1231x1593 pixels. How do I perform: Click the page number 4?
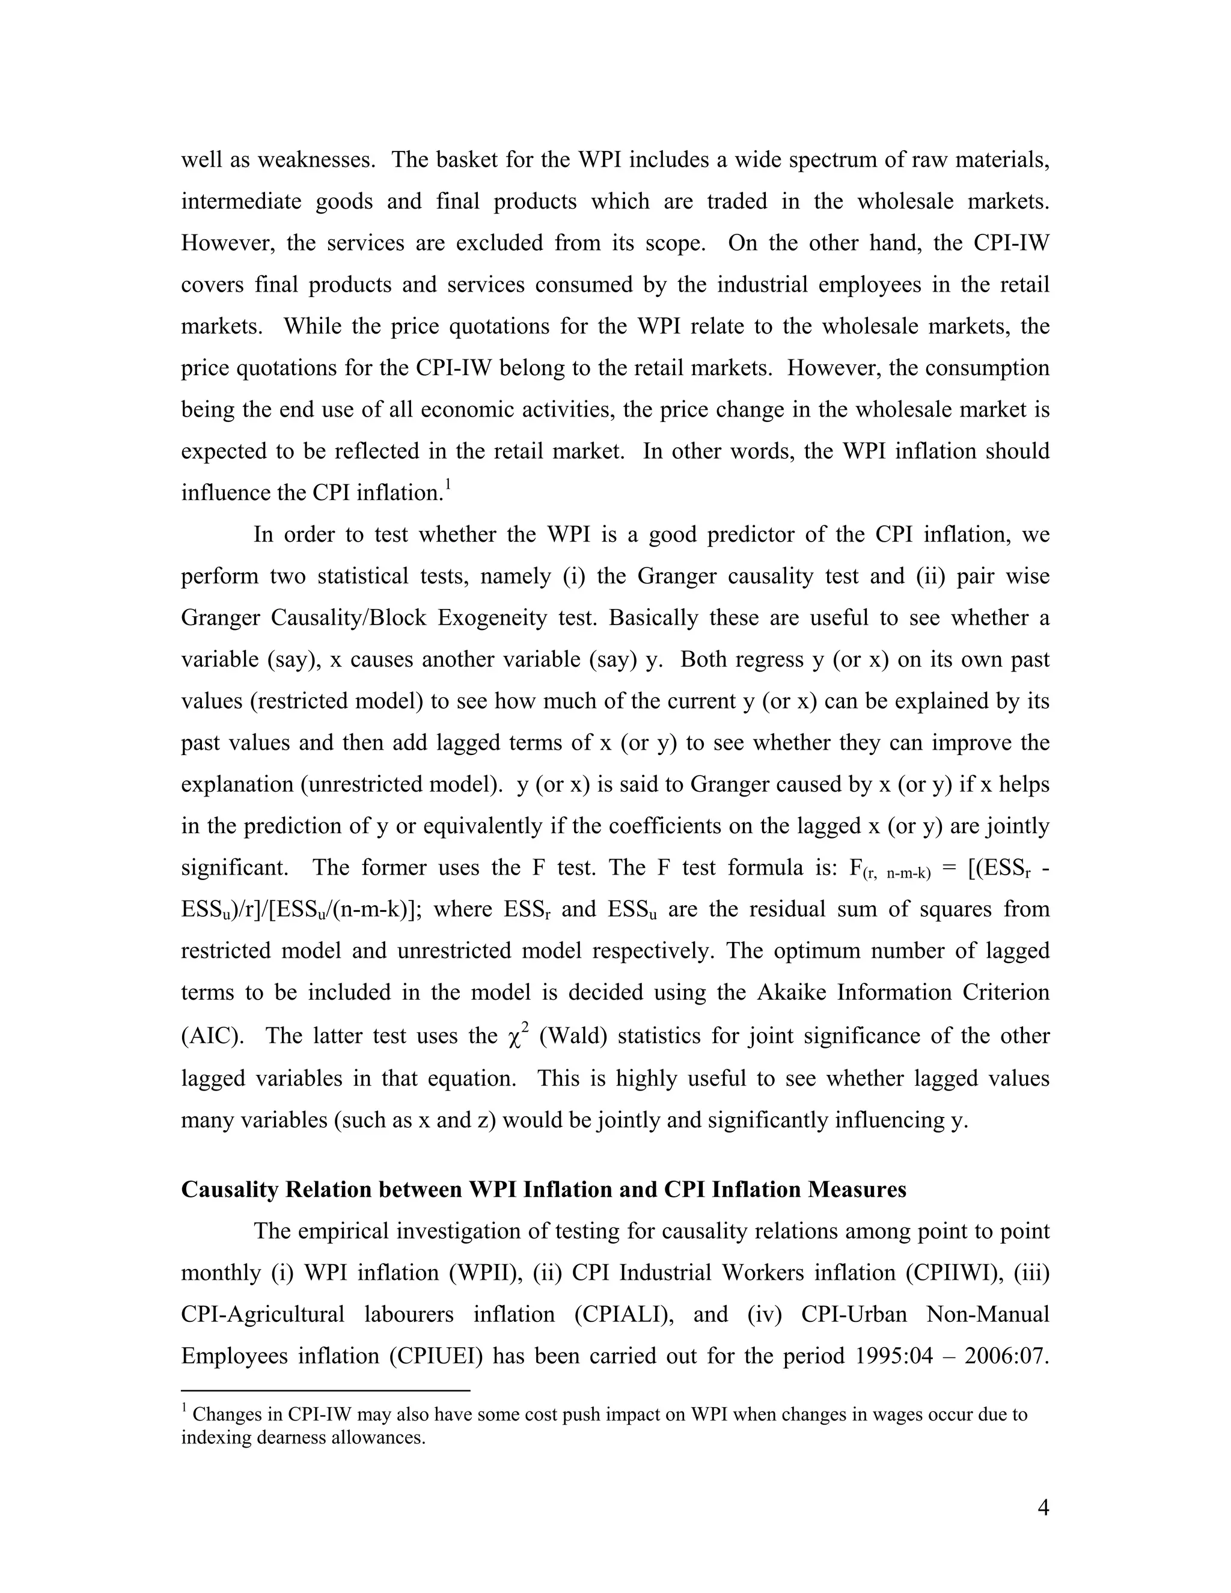(x=1043, y=1508)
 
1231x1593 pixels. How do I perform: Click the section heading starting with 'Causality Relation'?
(x=543, y=1190)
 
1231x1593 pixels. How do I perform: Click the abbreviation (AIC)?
(x=212, y=1036)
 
